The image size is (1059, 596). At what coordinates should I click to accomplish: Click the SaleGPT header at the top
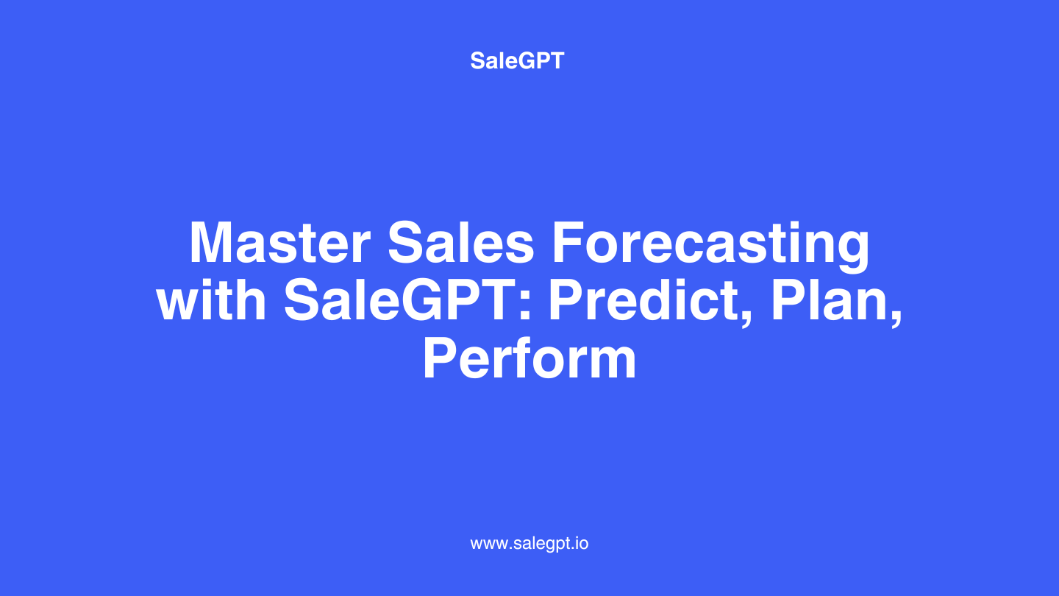tap(517, 60)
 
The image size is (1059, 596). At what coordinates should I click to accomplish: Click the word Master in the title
tap(279, 241)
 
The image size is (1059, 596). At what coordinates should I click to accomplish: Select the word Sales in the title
tap(461, 241)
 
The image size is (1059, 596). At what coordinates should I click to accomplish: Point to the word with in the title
tap(211, 300)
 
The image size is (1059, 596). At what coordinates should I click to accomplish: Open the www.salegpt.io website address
tap(529, 544)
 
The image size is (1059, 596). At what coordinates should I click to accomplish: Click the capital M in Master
tap(211, 241)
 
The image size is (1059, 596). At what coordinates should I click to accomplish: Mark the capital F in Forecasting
tap(567, 241)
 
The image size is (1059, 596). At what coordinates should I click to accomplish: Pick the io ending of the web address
tap(582, 543)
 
